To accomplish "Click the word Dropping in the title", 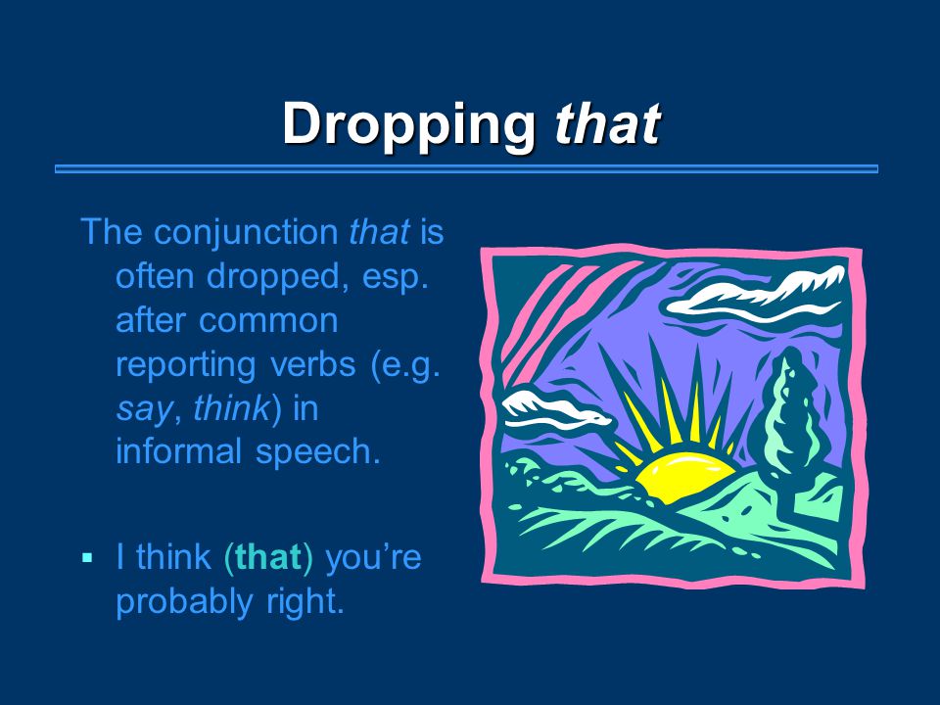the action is click(409, 124).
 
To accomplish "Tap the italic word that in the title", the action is click(607, 124).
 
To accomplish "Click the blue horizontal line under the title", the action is click(466, 169).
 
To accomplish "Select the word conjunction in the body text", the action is click(247, 233).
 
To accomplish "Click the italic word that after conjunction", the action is click(380, 232).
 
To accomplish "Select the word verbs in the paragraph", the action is click(313, 363).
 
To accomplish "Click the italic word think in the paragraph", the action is click(231, 407).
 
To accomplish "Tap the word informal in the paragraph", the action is click(178, 450).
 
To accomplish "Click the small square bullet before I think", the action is click(87, 558).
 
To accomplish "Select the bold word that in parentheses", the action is click(268, 557).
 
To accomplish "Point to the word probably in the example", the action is click(184, 602).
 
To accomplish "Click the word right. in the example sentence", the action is click(305, 602).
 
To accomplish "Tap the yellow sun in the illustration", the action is click(683, 474).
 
